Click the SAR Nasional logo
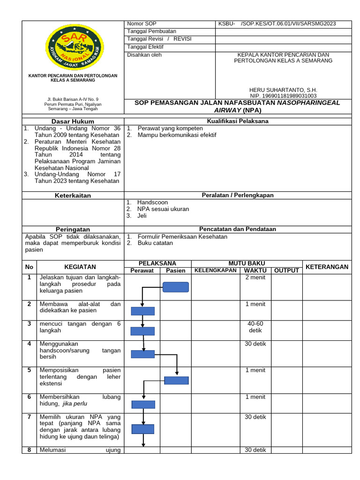click(72, 46)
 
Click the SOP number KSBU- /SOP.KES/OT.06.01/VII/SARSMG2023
click(277, 24)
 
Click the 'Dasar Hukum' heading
click(73, 121)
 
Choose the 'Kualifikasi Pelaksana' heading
click(238, 121)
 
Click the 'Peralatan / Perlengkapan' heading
click(238, 195)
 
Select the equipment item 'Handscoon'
click(152, 202)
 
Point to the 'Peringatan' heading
click(73, 229)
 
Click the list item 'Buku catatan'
click(155, 243)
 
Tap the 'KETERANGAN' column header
click(327, 267)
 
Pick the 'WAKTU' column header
click(255, 270)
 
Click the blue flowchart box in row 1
click(176, 287)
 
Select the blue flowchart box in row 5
click(176, 381)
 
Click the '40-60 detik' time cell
click(255, 327)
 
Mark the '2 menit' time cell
click(255, 277)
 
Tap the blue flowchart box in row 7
click(143, 428)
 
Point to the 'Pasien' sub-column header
click(176, 270)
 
